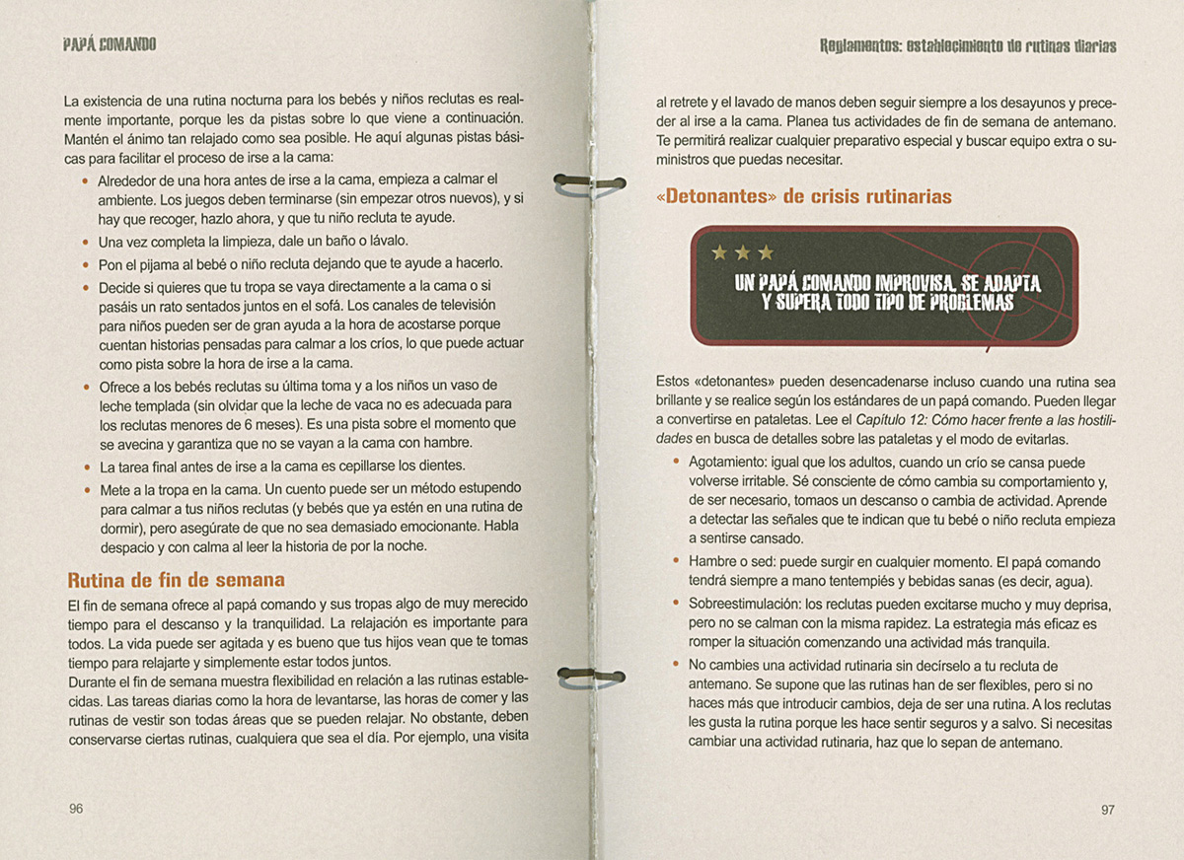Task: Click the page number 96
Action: pos(76,809)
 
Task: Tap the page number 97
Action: pos(1107,810)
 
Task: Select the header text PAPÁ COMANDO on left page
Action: pos(110,45)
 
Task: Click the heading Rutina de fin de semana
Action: pos(176,580)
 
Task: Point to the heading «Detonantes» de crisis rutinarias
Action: pos(803,196)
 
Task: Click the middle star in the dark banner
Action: pos(743,253)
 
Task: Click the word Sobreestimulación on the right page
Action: pos(742,604)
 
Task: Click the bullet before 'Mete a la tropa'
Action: pos(86,489)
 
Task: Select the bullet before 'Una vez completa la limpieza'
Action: pos(86,241)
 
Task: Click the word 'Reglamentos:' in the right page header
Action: pos(858,46)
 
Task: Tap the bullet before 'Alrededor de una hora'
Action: pos(86,180)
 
